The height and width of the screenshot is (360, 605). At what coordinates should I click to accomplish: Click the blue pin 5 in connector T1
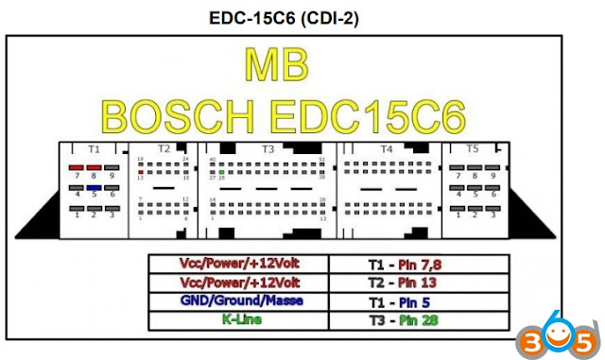point(95,187)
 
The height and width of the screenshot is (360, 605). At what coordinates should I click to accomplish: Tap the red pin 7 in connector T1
point(77,165)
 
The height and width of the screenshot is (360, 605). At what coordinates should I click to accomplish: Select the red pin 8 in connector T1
point(95,165)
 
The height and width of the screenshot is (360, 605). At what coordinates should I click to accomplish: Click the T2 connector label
point(163,149)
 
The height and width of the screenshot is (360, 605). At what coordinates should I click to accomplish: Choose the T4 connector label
point(386,149)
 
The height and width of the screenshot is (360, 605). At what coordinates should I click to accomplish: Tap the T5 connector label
point(473,149)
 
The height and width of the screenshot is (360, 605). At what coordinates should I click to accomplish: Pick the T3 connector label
point(268,149)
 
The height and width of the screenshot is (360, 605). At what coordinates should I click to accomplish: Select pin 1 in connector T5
point(458,209)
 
